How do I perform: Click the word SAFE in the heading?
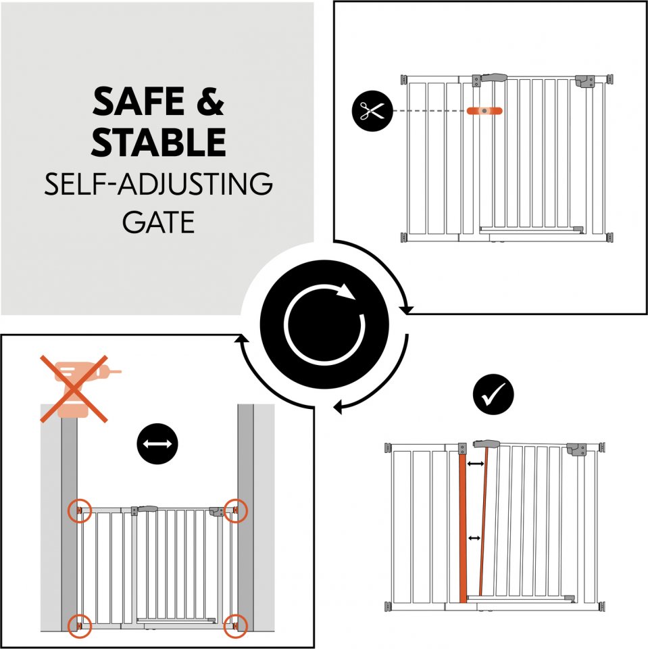pyautogui.click(x=139, y=101)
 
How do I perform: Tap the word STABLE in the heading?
pyautogui.click(x=159, y=141)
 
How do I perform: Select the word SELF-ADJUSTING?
pyautogui.click(x=159, y=184)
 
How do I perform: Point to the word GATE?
pyautogui.click(x=159, y=222)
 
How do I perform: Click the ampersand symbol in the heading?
pyautogui.click(x=210, y=101)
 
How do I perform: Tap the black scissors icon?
pyautogui.click(x=372, y=111)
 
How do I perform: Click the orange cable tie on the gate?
pyautogui.click(x=484, y=111)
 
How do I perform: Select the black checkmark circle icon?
pyautogui.click(x=493, y=394)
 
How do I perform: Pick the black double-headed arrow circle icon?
pyautogui.click(x=157, y=443)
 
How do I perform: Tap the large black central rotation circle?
pyautogui.click(x=324, y=324)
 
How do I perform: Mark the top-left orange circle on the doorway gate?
pyautogui.click(x=80, y=511)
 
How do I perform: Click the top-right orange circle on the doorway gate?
pyautogui.click(x=235, y=511)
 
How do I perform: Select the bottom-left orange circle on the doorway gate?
pyautogui.click(x=80, y=626)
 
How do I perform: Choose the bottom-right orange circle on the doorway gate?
pyautogui.click(x=235, y=626)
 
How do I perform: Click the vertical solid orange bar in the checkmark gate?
pyautogui.click(x=463, y=529)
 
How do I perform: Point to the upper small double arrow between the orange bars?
pyautogui.click(x=476, y=464)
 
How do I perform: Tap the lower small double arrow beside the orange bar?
pyautogui.click(x=474, y=538)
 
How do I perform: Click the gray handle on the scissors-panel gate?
pyautogui.click(x=494, y=77)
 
